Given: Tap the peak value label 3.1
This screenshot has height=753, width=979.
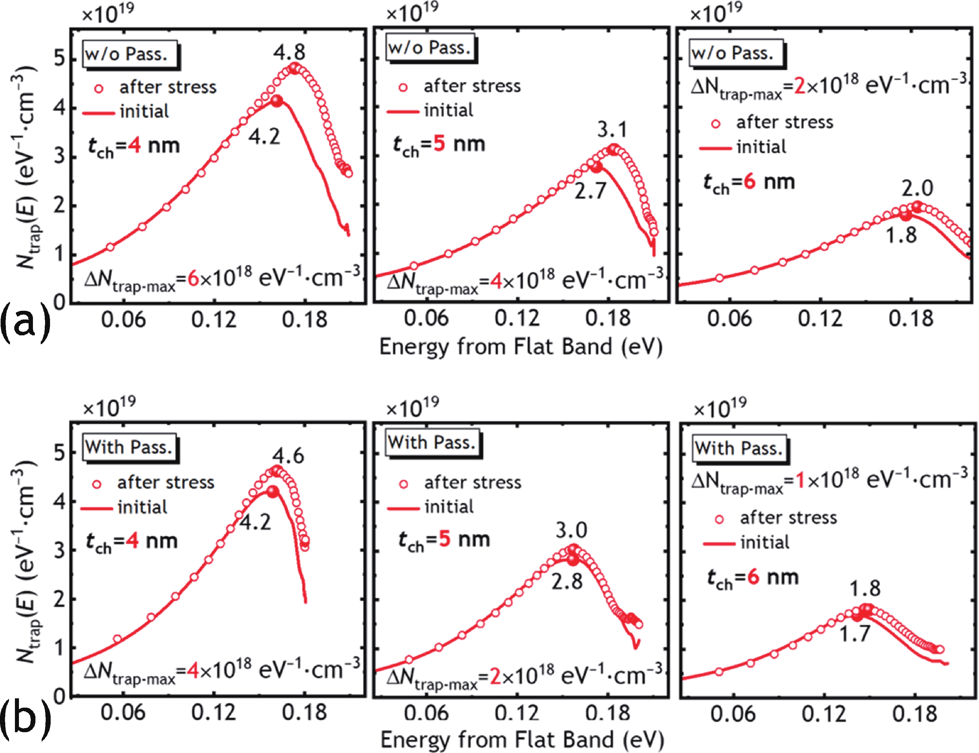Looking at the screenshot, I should coord(612,130).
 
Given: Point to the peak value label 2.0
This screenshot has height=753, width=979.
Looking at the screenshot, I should coord(917,188).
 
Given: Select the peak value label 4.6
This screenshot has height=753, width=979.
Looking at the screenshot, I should coord(288,456).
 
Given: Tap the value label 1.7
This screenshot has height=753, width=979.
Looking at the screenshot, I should coord(854,634).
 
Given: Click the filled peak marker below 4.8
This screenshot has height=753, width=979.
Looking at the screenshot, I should coord(294,69).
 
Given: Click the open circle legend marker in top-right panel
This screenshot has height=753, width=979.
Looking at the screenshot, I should coord(716,124).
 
